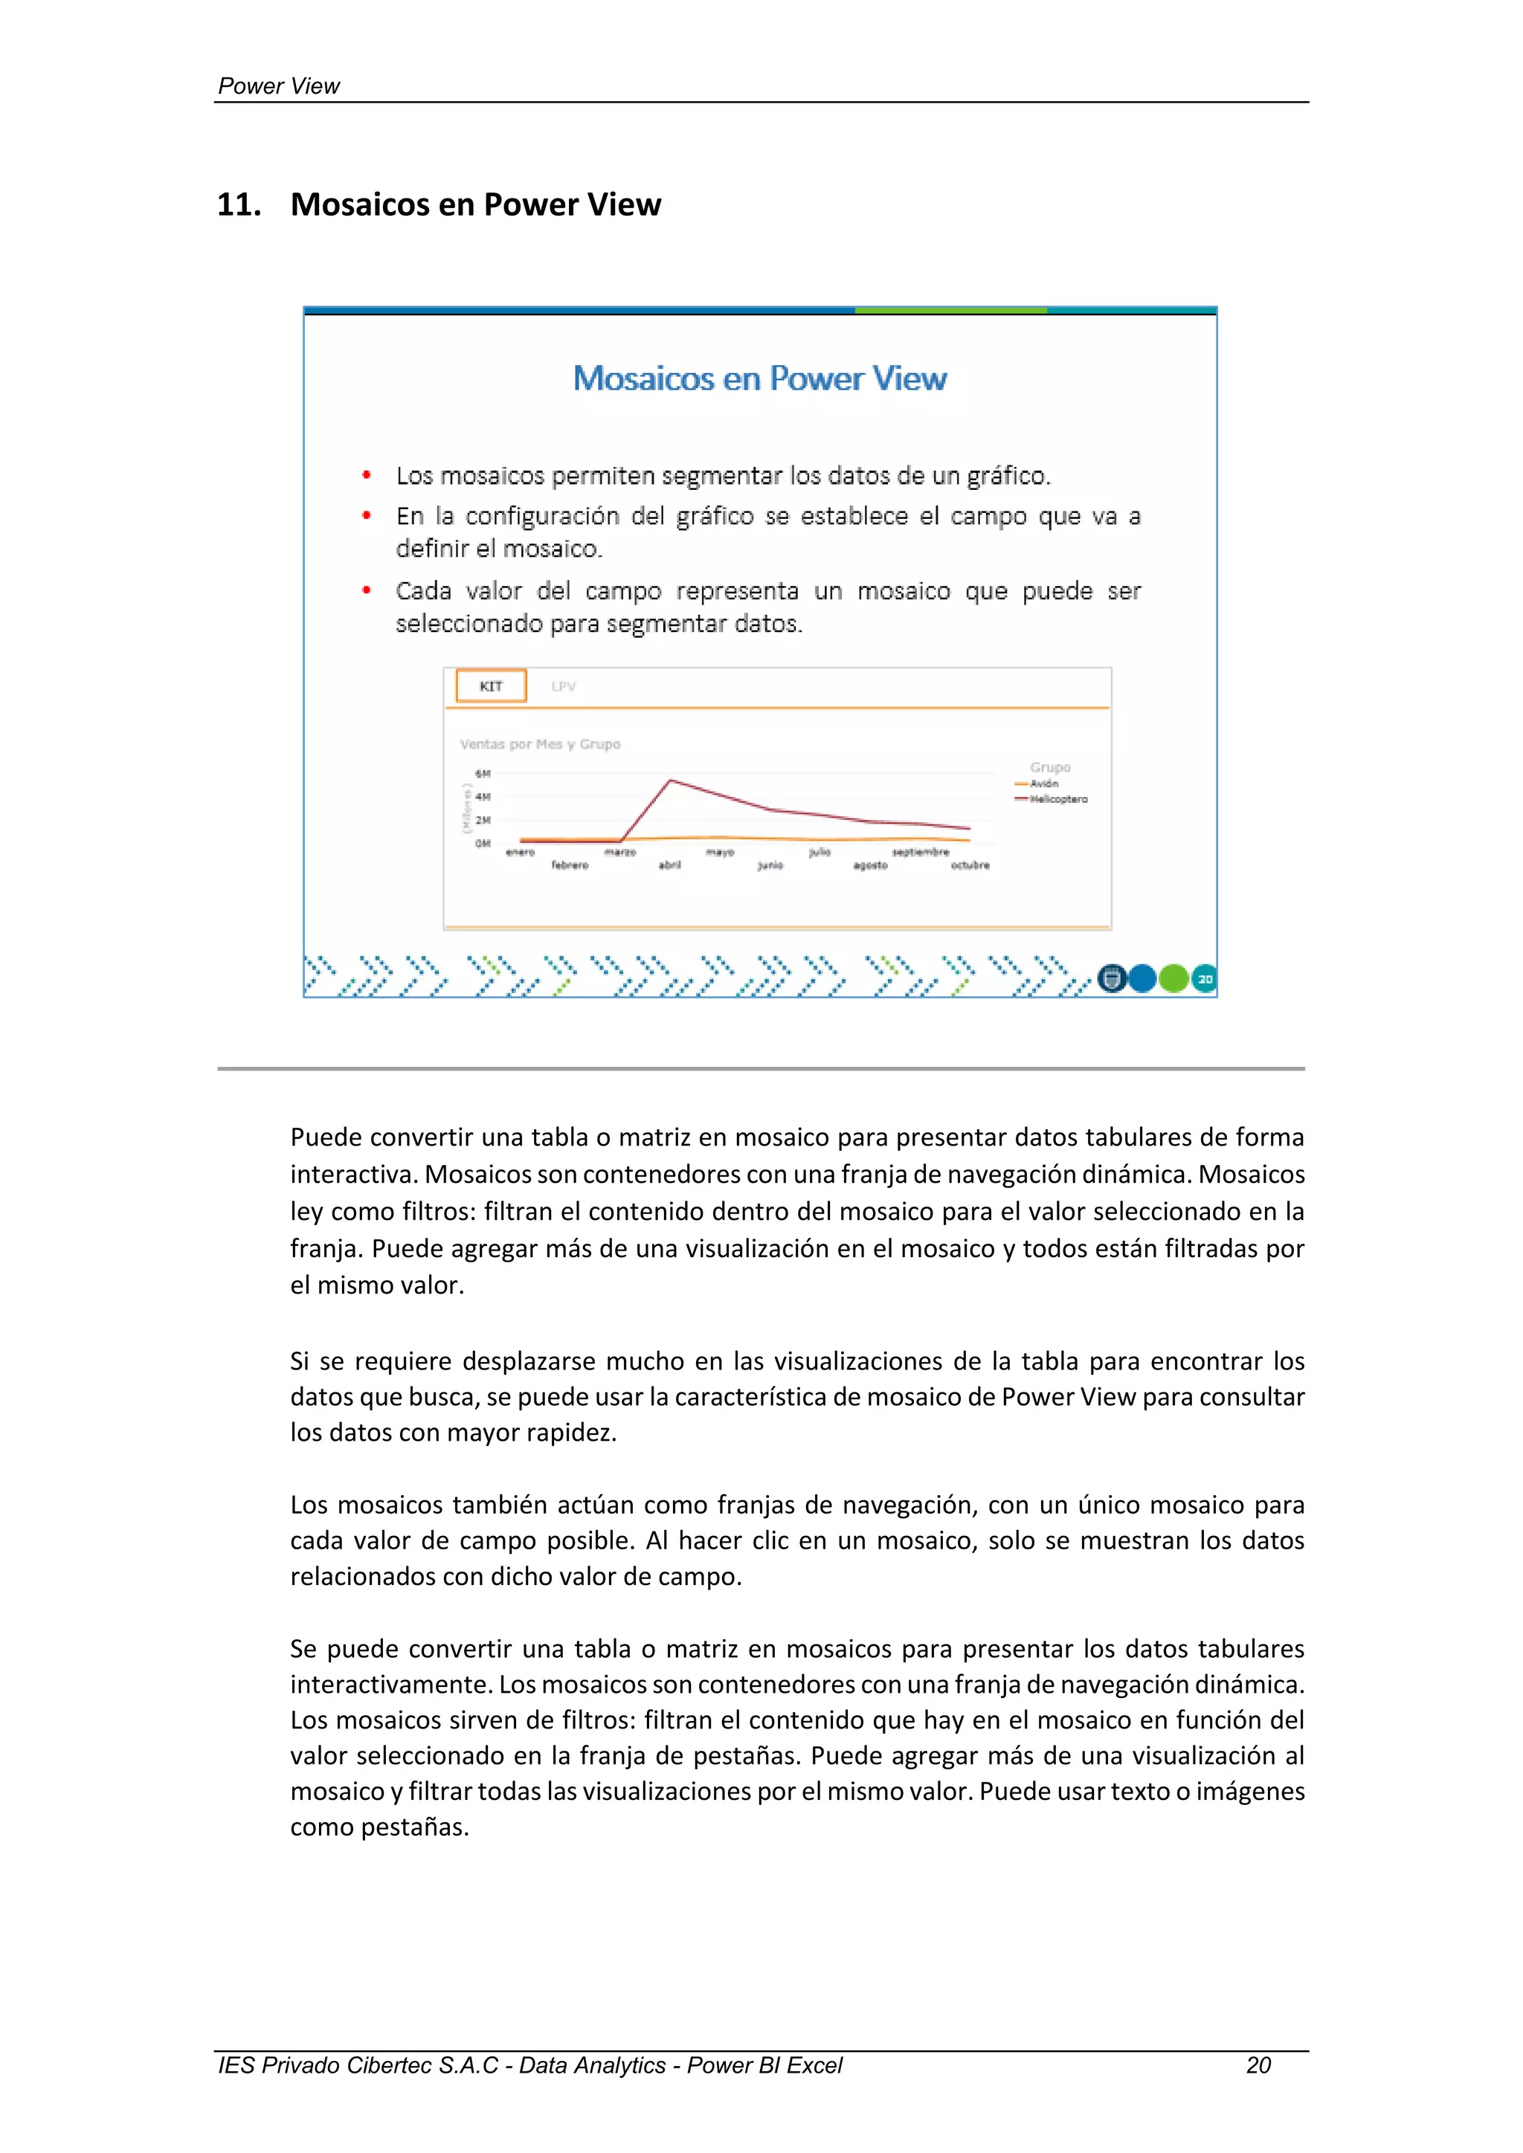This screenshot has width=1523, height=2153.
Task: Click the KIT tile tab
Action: tap(491, 685)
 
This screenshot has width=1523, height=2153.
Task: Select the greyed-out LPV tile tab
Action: tap(564, 686)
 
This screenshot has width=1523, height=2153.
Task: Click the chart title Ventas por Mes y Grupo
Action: tap(540, 743)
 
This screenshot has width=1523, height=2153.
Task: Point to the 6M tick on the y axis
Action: tap(483, 774)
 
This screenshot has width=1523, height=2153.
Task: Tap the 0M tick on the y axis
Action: tap(483, 843)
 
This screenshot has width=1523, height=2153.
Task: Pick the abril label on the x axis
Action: tap(669, 865)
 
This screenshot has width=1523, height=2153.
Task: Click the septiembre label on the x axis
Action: tap(920, 853)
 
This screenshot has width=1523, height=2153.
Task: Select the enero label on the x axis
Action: tap(521, 853)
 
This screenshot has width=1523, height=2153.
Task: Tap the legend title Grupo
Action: tap(1050, 767)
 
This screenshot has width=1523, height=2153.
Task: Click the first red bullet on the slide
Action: tap(367, 475)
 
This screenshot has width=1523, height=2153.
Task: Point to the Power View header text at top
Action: tap(279, 86)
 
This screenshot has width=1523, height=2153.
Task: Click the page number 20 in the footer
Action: tap(1258, 2065)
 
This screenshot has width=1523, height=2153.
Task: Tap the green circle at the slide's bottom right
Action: tap(1173, 978)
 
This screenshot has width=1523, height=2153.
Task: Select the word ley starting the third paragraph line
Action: tap(306, 1212)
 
